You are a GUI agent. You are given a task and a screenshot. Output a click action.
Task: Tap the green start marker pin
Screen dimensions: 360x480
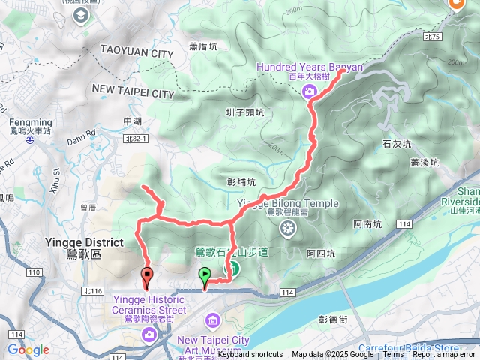205,276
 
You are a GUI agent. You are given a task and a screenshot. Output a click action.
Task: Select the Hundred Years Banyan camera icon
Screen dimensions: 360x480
309,91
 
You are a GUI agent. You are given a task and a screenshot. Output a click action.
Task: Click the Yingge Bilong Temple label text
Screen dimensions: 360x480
287,203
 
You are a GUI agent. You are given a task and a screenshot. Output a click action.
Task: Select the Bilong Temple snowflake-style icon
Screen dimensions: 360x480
287,226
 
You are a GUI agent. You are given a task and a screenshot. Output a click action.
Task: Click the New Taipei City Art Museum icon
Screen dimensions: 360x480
213,322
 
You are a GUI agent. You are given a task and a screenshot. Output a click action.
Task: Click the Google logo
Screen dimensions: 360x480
28,349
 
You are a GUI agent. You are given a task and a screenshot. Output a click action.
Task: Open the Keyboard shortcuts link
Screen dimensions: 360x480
250,355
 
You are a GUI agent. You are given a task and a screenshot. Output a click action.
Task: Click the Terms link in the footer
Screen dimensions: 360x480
393,355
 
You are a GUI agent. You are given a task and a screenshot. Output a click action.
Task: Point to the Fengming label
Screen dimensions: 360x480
31,122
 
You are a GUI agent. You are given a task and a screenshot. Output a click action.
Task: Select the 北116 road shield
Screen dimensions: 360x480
93,290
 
